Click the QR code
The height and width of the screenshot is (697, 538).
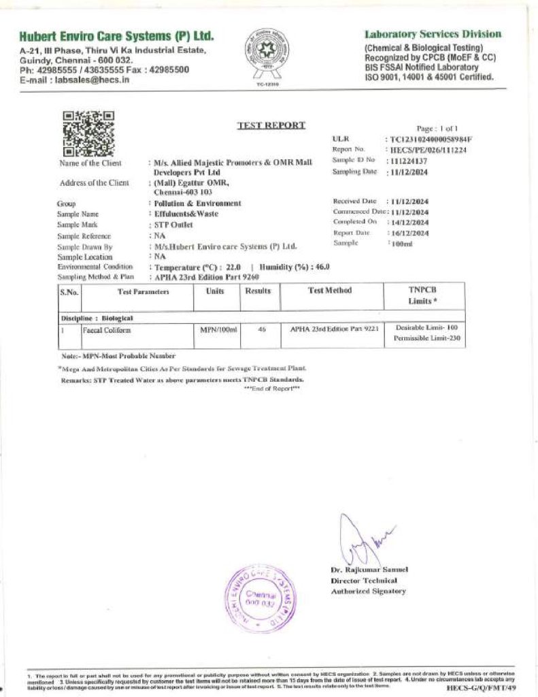click(x=88, y=133)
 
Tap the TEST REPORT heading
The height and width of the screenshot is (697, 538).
click(x=271, y=125)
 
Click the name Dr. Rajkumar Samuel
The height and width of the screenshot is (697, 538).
click(x=369, y=570)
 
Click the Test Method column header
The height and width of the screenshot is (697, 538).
click(x=329, y=291)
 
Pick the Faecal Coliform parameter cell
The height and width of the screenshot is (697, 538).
click(x=106, y=330)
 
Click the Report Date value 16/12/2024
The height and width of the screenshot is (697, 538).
click(x=408, y=233)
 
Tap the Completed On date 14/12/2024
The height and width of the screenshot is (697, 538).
click(x=408, y=223)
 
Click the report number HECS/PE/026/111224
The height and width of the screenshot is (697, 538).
click(x=427, y=150)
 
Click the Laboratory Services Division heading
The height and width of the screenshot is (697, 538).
click(x=433, y=34)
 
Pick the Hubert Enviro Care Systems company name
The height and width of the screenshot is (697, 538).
click(x=116, y=35)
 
